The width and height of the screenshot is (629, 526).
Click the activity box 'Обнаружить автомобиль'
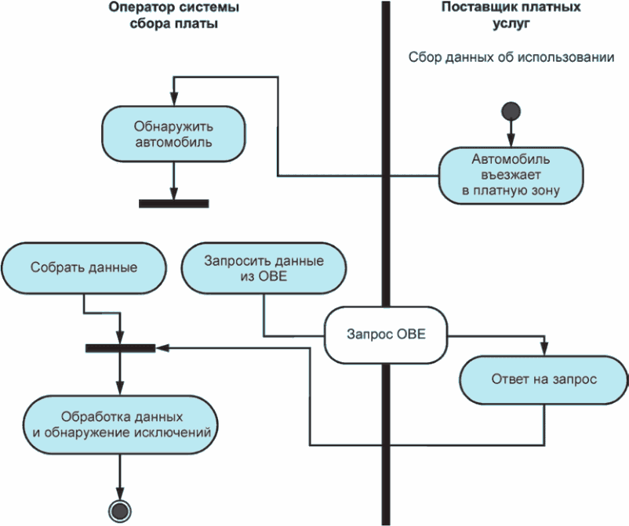pos(173,134)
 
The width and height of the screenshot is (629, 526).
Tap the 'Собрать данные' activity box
pos(84,267)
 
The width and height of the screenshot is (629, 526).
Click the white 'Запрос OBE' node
pos(386,334)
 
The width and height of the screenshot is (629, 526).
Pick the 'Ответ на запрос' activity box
pos(544,379)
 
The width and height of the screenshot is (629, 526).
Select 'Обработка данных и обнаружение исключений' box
pos(120,423)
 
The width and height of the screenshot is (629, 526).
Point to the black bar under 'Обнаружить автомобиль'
pos(173,204)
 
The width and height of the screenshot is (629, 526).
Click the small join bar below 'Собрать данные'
pos(120,346)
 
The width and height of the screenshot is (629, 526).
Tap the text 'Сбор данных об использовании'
pos(511,57)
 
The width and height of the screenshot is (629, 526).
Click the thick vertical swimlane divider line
pos(386,235)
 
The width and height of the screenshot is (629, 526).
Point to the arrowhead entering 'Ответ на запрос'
pos(544,352)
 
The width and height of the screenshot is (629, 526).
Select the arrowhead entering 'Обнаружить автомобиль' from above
pos(173,102)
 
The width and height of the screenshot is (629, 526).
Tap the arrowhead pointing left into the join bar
pos(160,346)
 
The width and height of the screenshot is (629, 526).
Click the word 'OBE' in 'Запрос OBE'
pos(411,334)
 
